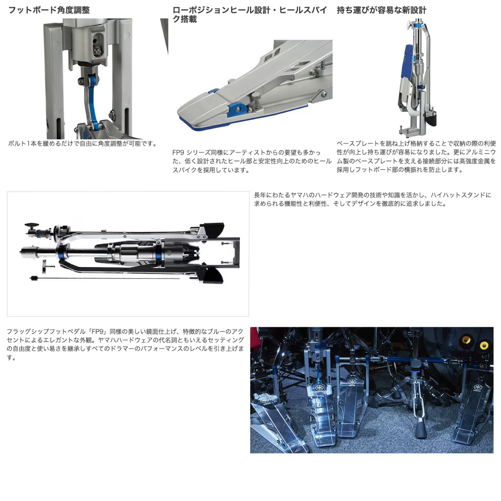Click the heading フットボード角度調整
click(49, 11)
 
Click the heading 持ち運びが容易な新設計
click(381, 11)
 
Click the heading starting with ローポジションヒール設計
click(250, 14)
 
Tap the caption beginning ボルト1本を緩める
click(82, 144)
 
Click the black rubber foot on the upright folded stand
click(432, 118)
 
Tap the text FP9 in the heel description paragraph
click(178, 152)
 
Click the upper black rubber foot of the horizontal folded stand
click(214, 230)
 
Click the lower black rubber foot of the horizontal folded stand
click(213, 275)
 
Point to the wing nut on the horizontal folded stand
click(31, 225)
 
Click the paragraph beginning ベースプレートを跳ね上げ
click(416, 157)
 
